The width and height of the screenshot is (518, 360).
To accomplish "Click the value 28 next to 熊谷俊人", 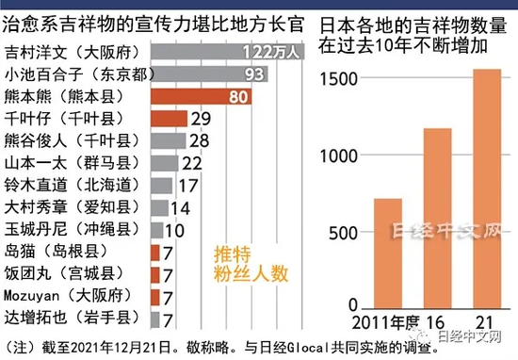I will coord(199,140).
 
